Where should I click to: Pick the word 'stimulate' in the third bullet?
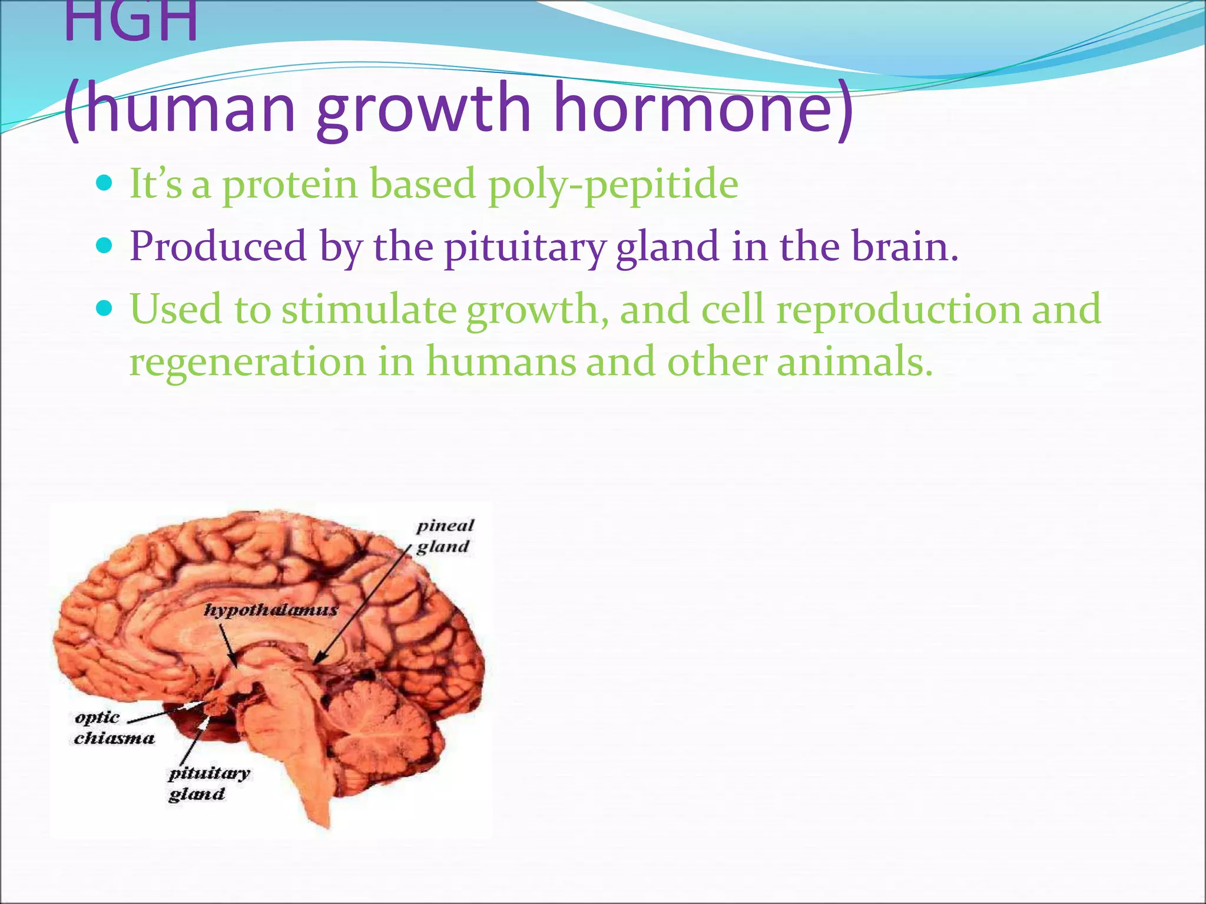(x=369, y=309)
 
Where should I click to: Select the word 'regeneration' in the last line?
(x=247, y=362)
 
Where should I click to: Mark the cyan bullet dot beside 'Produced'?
(x=104, y=245)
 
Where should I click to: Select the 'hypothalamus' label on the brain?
(x=271, y=610)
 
